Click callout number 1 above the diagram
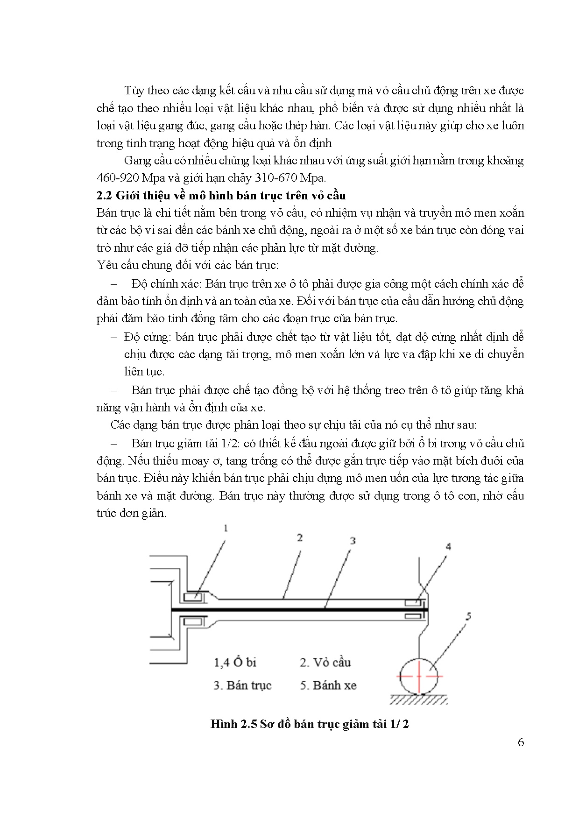click(226, 528)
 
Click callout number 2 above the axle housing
click(300, 537)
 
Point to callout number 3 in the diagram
click(353, 540)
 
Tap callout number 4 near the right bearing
click(448, 546)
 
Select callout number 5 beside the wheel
click(468, 617)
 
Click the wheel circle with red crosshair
click(418, 676)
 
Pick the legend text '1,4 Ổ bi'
click(235, 662)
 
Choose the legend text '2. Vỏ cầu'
click(325, 662)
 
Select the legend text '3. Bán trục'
click(242, 685)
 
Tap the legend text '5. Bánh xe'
click(328, 685)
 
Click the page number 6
click(521, 742)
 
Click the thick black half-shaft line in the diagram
click(299, 609)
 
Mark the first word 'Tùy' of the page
click(134, 90)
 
